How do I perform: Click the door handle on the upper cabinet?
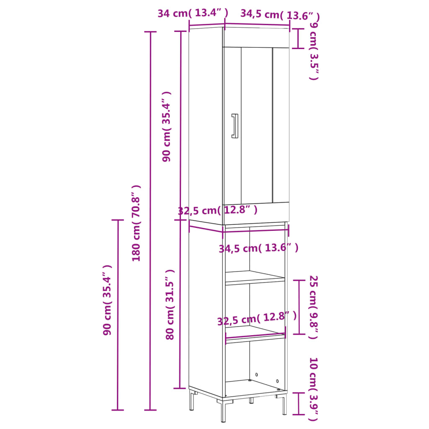[x=235, y=126]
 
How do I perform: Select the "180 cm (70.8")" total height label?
[x=137, y=223]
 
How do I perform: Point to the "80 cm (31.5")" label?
[x=170, y=304]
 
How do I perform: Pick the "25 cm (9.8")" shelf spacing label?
[x=314, y=307]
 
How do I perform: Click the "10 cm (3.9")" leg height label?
[x=314, y=389]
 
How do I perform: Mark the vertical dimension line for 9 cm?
[x=298, y=39]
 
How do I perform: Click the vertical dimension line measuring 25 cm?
[x=299, y=307]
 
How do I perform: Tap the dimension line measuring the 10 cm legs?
[x=298, y=403]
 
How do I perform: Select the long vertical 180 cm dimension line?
[x=150, y=221]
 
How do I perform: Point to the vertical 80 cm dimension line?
[x=180, y=304]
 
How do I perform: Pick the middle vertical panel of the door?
[x=256, y=125]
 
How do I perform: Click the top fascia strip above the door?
[x=256, y=38]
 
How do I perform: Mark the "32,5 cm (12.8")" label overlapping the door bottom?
[x=217, y=209]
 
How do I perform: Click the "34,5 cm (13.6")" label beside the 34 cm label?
[x=280, y=15]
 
